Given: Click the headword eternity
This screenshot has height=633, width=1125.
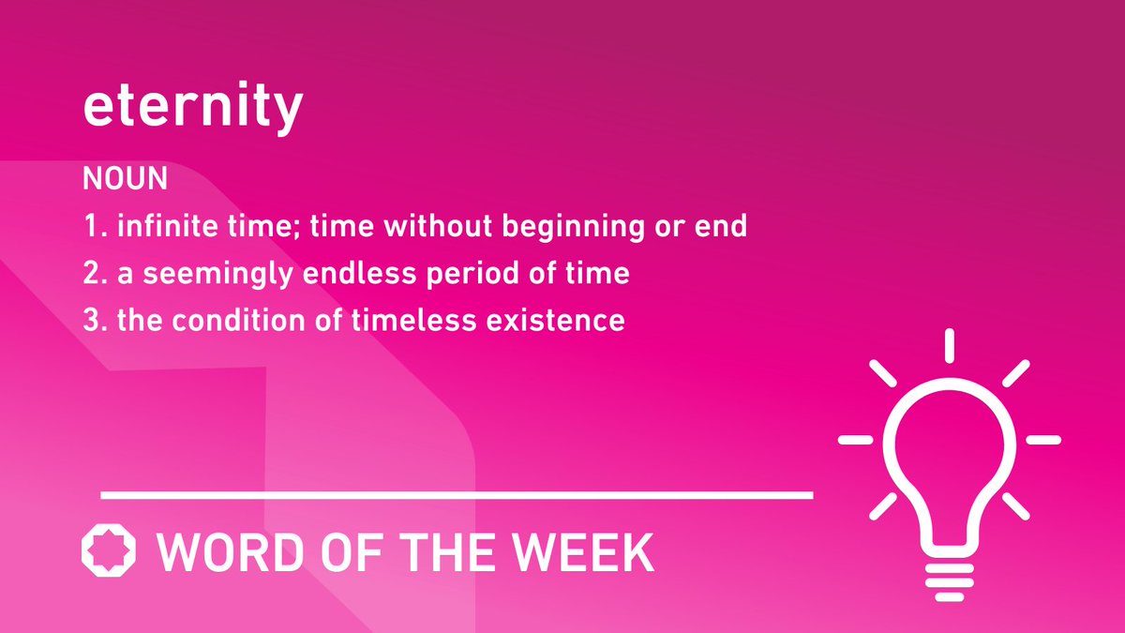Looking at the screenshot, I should click(x=192, y=110).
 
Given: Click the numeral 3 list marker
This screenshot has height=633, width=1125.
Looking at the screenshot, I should click(x=92, y=321).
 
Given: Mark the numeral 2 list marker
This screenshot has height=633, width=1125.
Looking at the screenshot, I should click(x=92, y=274).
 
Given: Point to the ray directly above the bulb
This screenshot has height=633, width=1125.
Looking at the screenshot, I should click(x=949, y=345).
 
